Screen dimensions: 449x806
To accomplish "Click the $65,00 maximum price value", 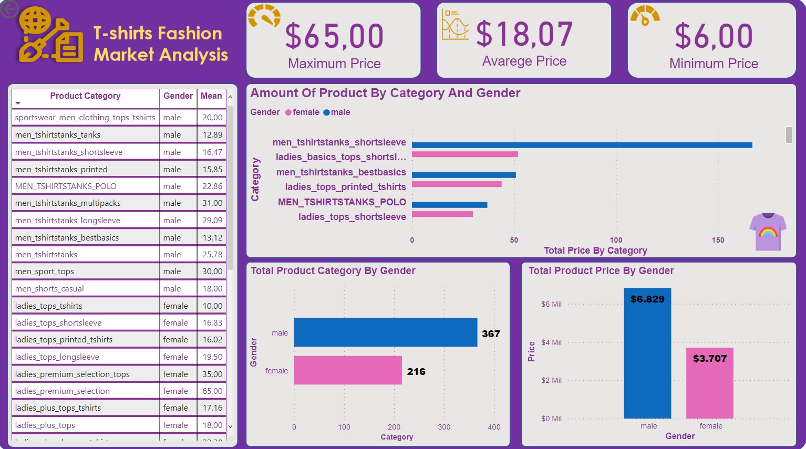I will [334, 36].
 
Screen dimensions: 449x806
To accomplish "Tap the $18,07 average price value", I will [524, 35].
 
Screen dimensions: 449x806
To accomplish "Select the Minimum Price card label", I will [714, 64].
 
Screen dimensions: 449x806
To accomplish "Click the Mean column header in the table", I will [211, 96].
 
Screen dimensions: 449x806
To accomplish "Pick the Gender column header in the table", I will [178, 96].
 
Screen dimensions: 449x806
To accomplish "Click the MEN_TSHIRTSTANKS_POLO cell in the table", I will [66, 186].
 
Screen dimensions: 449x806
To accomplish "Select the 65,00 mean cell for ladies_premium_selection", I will [212, 391].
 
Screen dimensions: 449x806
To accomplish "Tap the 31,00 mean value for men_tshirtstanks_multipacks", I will [212, 203].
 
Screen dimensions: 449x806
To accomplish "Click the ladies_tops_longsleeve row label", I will [57, 357].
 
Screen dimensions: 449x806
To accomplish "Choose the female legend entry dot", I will [288, 112].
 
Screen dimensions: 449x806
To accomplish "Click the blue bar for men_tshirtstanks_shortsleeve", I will [582, 145].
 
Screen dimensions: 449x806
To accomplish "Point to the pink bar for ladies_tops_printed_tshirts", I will [457, 184].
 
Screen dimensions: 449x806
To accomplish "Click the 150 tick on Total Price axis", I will [718, 240].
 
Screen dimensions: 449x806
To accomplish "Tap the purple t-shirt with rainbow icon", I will [768, 231].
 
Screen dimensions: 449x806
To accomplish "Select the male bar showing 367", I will [385, 332].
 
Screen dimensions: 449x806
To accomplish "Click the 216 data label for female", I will [416, 371].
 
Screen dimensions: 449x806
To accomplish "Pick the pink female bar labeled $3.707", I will [709, 383].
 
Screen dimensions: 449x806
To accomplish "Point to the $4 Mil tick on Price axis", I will [551, 342].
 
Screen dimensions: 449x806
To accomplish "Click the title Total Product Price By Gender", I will [601, 271].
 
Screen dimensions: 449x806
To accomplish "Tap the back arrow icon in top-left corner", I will [9, 9].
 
